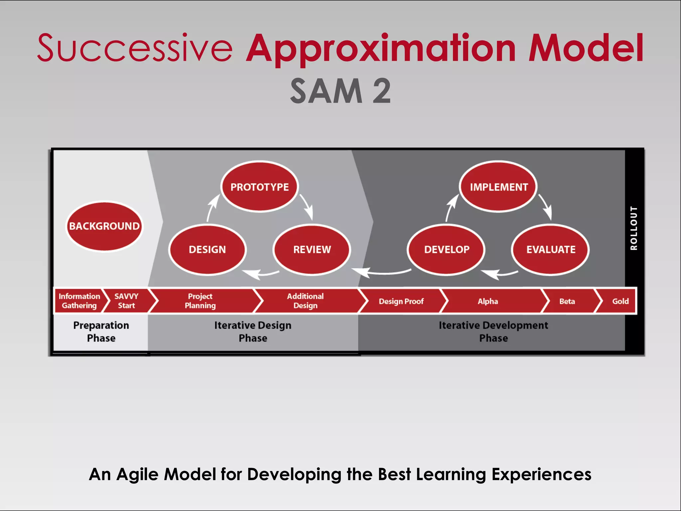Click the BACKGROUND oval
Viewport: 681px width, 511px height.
click(x=104, y=226)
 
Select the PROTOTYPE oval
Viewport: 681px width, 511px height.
click(x=259, y=187)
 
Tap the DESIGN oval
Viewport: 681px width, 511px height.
click(x=207, y=250)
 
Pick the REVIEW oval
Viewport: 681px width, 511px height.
click(x=312, y=250)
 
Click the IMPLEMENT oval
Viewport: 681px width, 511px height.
click(x=498, y=187)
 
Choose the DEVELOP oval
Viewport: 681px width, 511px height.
click(x=447, y=250)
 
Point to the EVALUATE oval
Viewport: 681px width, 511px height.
click(x=551, y=250)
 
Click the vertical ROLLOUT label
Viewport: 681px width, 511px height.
click(x=634, y=228)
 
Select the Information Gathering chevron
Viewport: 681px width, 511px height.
click(x=79, y=301)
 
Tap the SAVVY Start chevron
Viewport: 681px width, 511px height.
click(x=126, y=301)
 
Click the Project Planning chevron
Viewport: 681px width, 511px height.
click(x=200, y=301)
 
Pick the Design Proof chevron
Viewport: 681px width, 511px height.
click(x=401, y=301)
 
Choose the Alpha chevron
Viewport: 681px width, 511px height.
click(x=488, y=301)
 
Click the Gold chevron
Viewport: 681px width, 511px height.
click(x=620, y=301)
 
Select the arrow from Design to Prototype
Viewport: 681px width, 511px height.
click(x=212, y=208)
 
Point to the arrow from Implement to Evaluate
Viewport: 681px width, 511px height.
click(x=546, y=206)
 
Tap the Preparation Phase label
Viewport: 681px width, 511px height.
click(x=101, y=331)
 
